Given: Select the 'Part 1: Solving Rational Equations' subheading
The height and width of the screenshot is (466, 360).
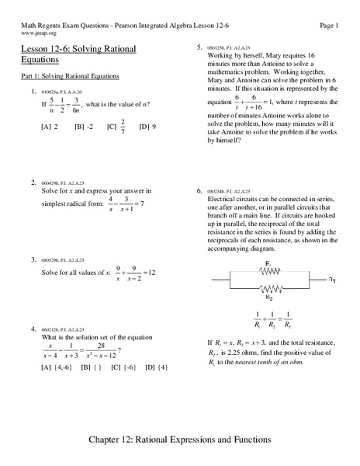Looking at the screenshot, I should click(x=71, y=77).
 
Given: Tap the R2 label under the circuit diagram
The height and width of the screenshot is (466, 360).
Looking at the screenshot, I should click(x=268, y=297).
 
